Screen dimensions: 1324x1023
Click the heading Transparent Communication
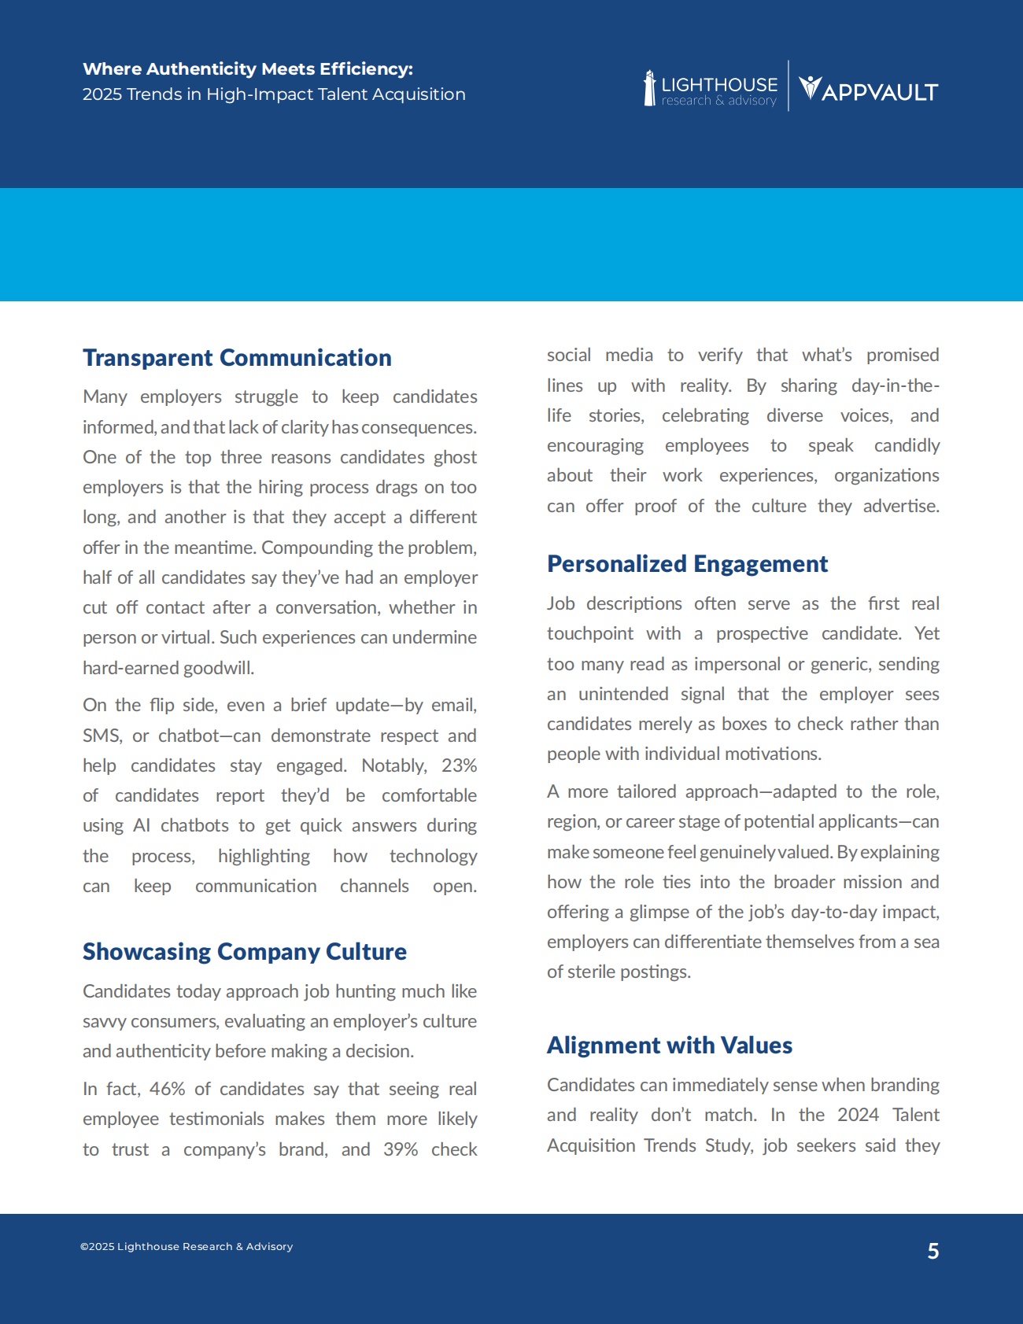[237, 358]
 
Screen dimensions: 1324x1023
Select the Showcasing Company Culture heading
[245, 952]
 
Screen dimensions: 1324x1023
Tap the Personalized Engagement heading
[687, 564]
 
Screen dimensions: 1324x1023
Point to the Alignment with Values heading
[669, 1046]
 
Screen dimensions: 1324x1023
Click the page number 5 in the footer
[933, 1251]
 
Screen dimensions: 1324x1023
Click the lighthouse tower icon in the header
[649, 88]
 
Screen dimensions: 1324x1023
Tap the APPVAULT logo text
[879, 92]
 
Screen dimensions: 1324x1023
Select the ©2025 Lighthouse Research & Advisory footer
[187, 1246]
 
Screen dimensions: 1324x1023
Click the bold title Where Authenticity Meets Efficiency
[248, 69]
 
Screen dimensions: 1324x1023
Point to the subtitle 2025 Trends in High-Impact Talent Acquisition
[274, 94]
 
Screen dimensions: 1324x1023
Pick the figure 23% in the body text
[459, 765]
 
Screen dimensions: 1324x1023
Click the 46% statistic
[167, 1089]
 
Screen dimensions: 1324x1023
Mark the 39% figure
[401, 1149]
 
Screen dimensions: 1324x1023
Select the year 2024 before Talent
[858, 1115]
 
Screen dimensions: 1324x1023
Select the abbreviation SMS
[102, 736]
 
